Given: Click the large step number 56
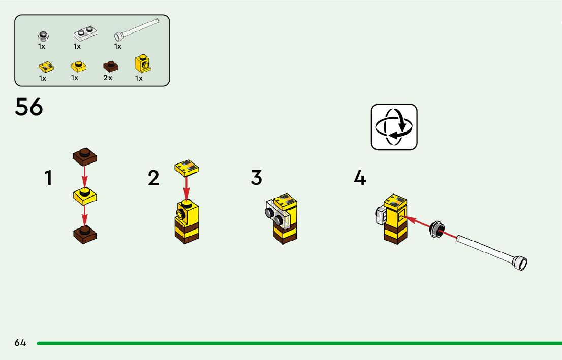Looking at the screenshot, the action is (29, 107).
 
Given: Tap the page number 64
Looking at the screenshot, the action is (20, 343).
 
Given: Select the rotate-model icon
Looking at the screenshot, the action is (394, 127).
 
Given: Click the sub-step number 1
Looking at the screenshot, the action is (48, 178).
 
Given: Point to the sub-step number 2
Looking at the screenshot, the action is (153, 178).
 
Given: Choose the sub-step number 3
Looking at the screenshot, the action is (257, 178).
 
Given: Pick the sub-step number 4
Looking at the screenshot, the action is (360, 178).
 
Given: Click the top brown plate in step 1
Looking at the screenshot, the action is (85, 157).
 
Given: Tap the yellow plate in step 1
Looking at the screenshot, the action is (85, 195).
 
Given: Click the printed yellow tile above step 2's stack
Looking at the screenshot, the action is (186, 168).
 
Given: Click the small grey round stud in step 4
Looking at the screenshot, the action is (435, 229).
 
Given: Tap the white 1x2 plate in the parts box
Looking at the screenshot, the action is (85, 34).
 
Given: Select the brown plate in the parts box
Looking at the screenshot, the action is (110, 66).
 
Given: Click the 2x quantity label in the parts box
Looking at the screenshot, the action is (107, 78).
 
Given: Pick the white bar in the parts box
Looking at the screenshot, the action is (137, 28).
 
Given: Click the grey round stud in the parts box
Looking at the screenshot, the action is (43, 36).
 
